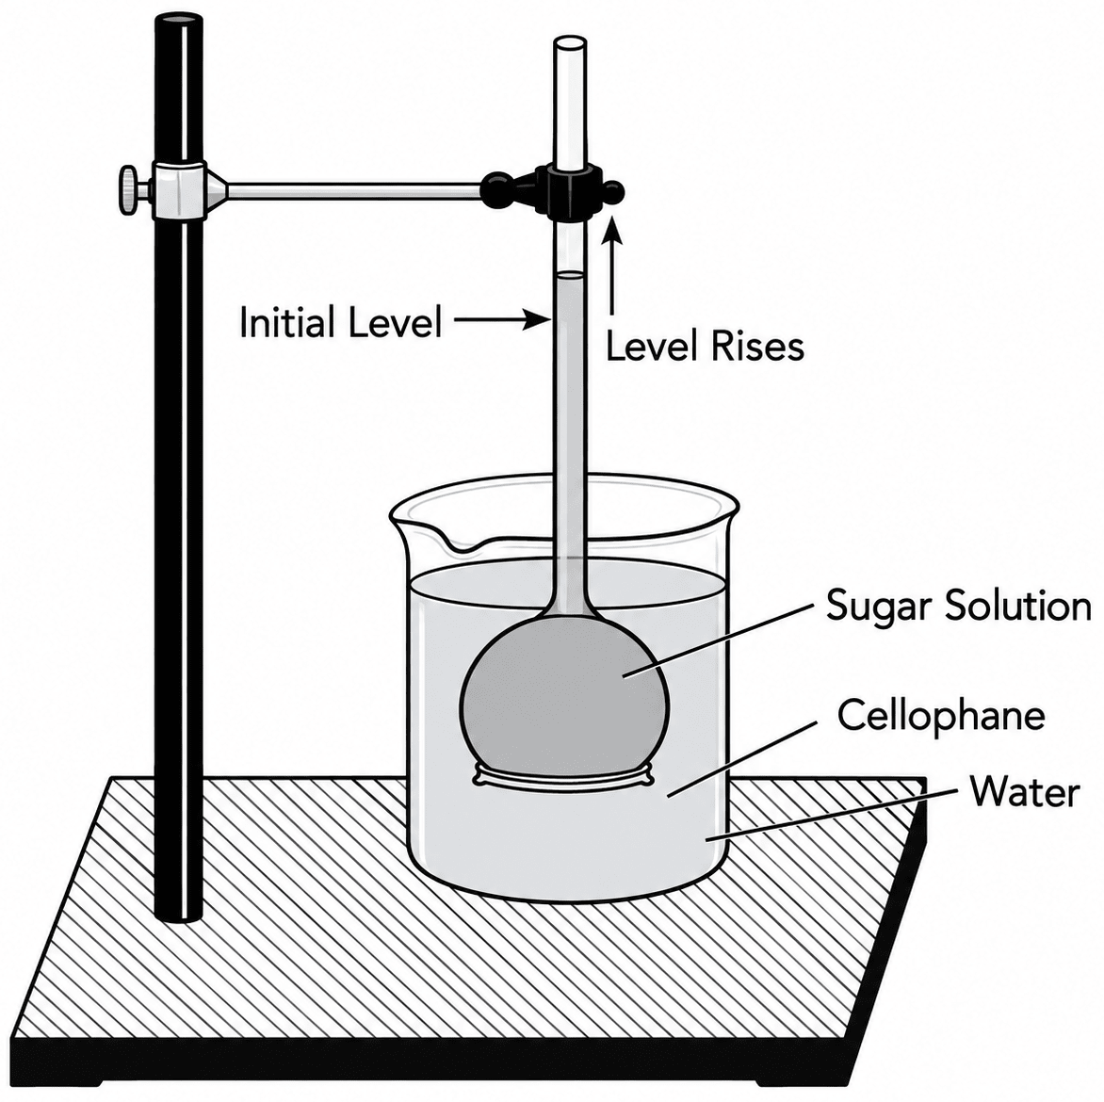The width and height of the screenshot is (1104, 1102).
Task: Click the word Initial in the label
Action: point(285,323)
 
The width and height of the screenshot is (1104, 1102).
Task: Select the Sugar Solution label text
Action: point(958,605)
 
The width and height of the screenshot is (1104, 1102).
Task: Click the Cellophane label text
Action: point(941,715)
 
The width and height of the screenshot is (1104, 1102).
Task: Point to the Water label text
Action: point(1025,791)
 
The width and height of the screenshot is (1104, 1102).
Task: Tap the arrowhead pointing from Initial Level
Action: point(539,322)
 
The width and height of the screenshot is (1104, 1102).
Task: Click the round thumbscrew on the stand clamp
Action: point(129,189)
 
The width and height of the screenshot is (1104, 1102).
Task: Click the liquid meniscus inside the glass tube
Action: point(570,275)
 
